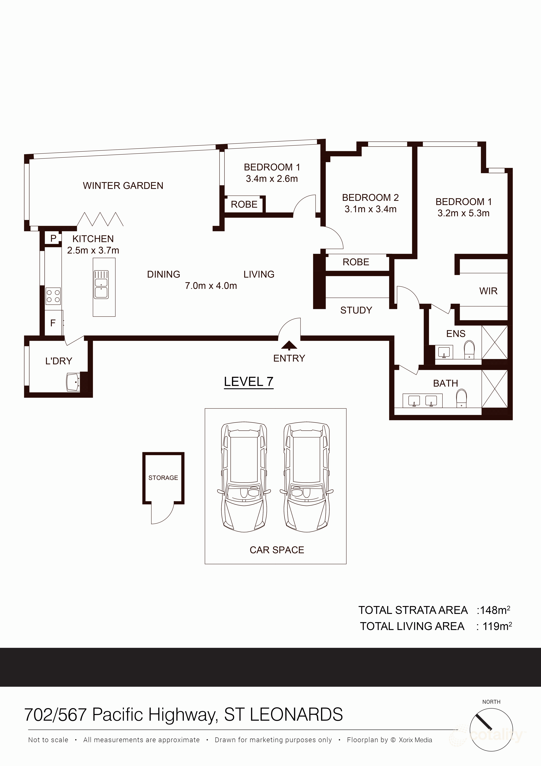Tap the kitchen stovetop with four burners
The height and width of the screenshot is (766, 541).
tap(53, 296)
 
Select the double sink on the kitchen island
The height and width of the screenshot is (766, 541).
tap(101, 284)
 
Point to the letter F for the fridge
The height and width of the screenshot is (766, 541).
tap(53, 323)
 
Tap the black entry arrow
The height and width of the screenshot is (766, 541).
tap(289, 345)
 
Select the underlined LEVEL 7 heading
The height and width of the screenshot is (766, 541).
tap(249, 382)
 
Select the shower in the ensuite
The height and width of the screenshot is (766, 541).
tap(494, 342)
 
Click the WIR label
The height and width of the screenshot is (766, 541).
tap(488, 291)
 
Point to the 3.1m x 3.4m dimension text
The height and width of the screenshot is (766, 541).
tap(370, 209)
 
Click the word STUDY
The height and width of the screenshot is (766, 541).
tap(356, 310)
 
